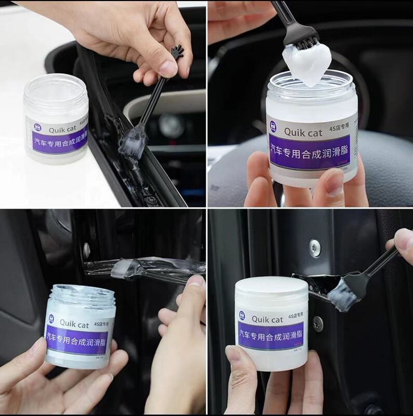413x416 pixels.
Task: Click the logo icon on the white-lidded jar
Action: (242, 316)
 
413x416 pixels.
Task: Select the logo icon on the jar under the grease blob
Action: (273, 126)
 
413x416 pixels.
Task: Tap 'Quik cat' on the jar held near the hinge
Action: (74, 324)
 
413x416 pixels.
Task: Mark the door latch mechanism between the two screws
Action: (312, 283)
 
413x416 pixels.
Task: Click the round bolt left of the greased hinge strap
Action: (87, 251)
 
